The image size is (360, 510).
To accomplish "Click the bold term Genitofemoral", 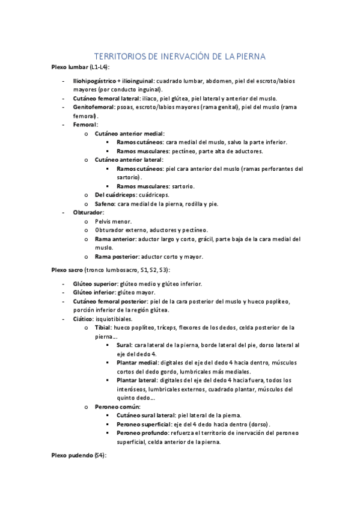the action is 95,107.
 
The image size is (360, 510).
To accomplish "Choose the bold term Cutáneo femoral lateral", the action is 106,98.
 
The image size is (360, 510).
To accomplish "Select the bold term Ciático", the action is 84,319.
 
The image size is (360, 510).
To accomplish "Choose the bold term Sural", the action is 124,345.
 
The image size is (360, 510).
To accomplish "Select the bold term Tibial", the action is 103,328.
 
